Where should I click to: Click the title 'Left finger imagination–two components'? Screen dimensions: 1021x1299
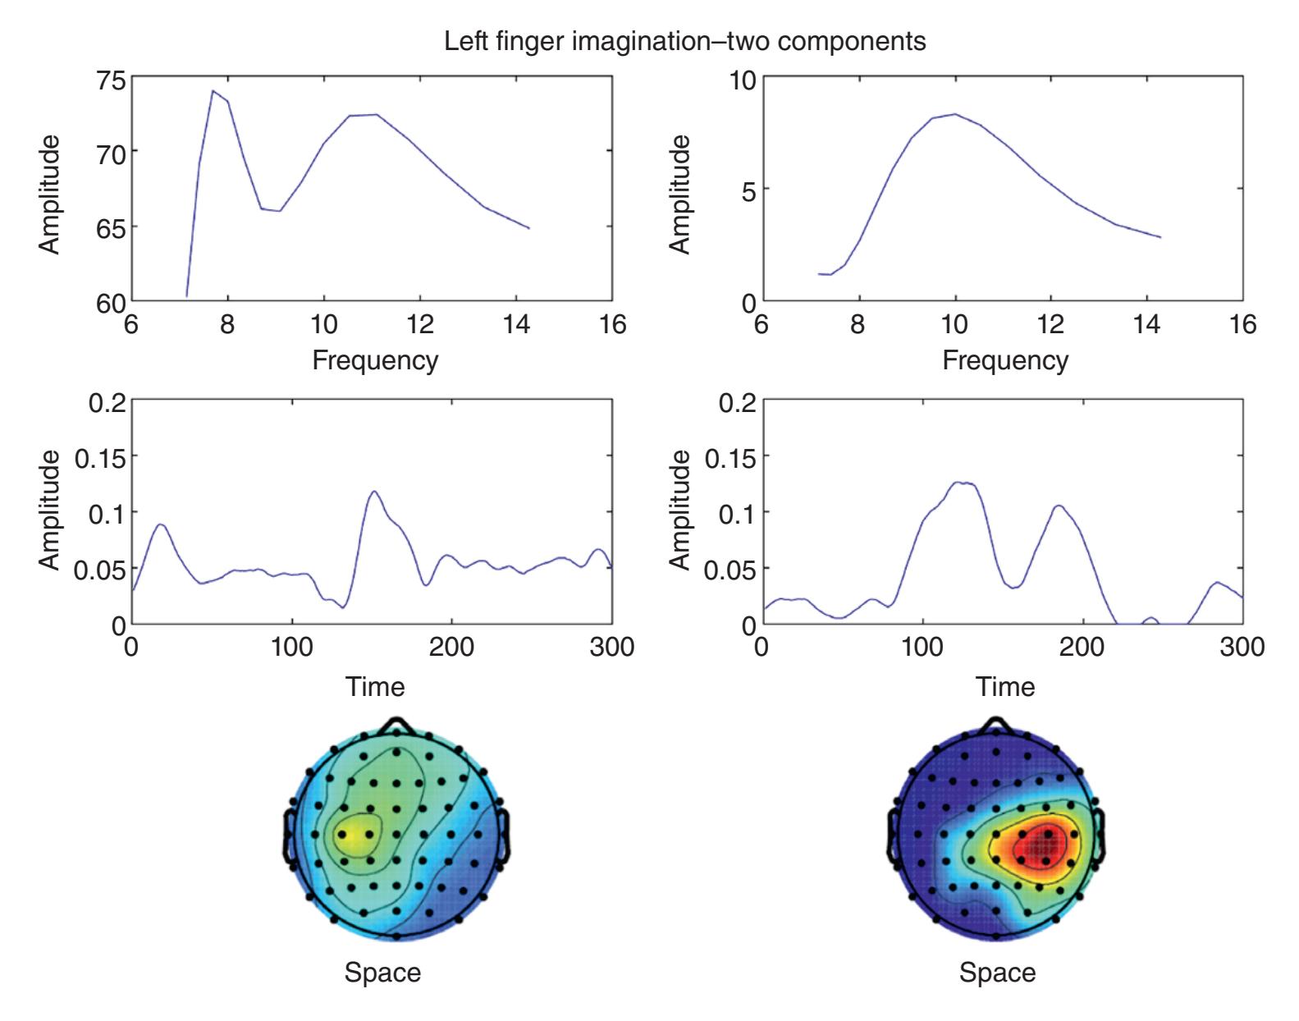coord(684,41)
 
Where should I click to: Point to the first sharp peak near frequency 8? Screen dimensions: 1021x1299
coord(213,91)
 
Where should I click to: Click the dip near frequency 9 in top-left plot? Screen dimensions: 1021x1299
coord(280,211)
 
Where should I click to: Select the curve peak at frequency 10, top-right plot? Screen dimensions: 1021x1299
coord(954,114)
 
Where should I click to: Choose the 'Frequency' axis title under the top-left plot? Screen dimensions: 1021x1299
coord(375,360)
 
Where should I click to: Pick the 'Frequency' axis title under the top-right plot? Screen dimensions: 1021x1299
coord(1005,360)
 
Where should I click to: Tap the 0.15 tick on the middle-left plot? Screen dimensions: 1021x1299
coord(100,456)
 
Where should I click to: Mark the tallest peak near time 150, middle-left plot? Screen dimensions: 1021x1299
coord(374,492)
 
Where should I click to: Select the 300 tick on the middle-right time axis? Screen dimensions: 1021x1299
coord(1242,647)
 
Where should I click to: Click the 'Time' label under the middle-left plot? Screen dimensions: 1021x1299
coord(375,686)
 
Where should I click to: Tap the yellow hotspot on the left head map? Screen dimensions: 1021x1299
coord(354,836)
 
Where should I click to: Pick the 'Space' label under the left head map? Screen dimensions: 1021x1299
coord(382,973)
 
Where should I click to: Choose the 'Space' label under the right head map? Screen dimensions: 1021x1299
coord(997,973)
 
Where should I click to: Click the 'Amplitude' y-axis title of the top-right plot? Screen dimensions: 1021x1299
coord(679,194)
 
